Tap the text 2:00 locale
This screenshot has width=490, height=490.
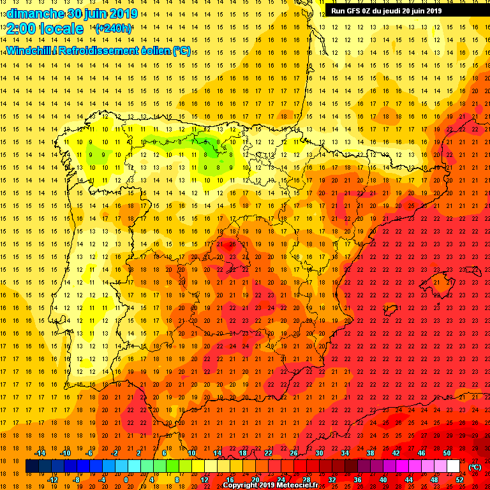pyautogui.click(x=45, y=29)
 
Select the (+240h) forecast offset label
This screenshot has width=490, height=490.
pyautogui.click(x=113, y=29)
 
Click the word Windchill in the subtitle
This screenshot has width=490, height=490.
pyautogui.click(x=29, y=50)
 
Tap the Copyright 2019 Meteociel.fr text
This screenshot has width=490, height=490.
pyautogui.click(x=274, y=485)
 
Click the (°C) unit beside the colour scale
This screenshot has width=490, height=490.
pyautogui.click(x=475, y=467)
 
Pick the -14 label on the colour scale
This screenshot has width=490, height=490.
pyautogui.click(x=40, y=453)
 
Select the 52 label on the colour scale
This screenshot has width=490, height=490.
pyautogui.click(x=459, y=480)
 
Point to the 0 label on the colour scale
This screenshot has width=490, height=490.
pyautogui.click(x=126, y=480)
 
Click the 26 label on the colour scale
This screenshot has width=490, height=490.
pyautogui.click(x=293, y=453)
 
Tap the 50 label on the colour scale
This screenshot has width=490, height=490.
pyautogui.click(x=447, y=453)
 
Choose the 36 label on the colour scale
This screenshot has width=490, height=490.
pyautogui.click(x=357, y=480)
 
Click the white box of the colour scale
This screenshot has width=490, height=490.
pyautogui.click(x=453, y=466)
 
